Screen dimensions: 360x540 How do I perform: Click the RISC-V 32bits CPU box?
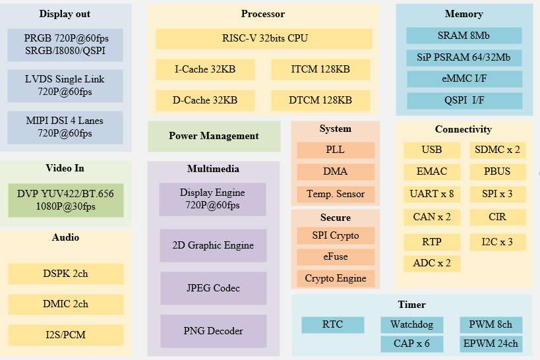pyautogui.click(x=264, y=38)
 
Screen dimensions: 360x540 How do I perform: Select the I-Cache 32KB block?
pyautogui.click(x=205, y=69)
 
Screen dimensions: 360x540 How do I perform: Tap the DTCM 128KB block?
pyautogui.click(x=320, y=100)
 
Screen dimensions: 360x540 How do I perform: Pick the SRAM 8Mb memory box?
pyautogui.click(x=464, y=36)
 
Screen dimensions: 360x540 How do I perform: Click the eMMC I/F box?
pyautogui.click(x=464, y=79)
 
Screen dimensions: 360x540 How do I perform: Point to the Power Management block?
pyautogui.click(x=214, y=136)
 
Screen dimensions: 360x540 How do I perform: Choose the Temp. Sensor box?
pyautogui.click(x=336, y=195)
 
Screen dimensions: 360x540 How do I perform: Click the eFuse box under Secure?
pyautogui.click(x=336, y=256)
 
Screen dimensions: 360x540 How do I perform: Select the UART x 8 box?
pyautogui.click(x=432, y=194)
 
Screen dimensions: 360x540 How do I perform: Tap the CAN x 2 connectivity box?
pyautogui.click(x=432, y=217)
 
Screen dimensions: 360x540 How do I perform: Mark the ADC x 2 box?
pyautogui.click(x=432, y=263)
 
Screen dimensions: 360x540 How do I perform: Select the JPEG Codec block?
pyautogui.click(x=213, y=288)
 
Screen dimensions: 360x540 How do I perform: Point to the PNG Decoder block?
pyautogui.click(x=213, y=331)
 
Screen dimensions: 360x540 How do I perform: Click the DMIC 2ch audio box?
pyautogui.click(x=66, y=304)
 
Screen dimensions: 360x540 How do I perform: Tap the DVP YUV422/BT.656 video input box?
pyautogui.click(x=66, y=200)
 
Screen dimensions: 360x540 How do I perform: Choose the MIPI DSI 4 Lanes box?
pyautogui.click(x=66, y=127)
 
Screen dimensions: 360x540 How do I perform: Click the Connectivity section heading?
pyautogui.click(x=464, y=129)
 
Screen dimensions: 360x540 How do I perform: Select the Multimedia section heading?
pyautogui.click(x=213, y=169)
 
